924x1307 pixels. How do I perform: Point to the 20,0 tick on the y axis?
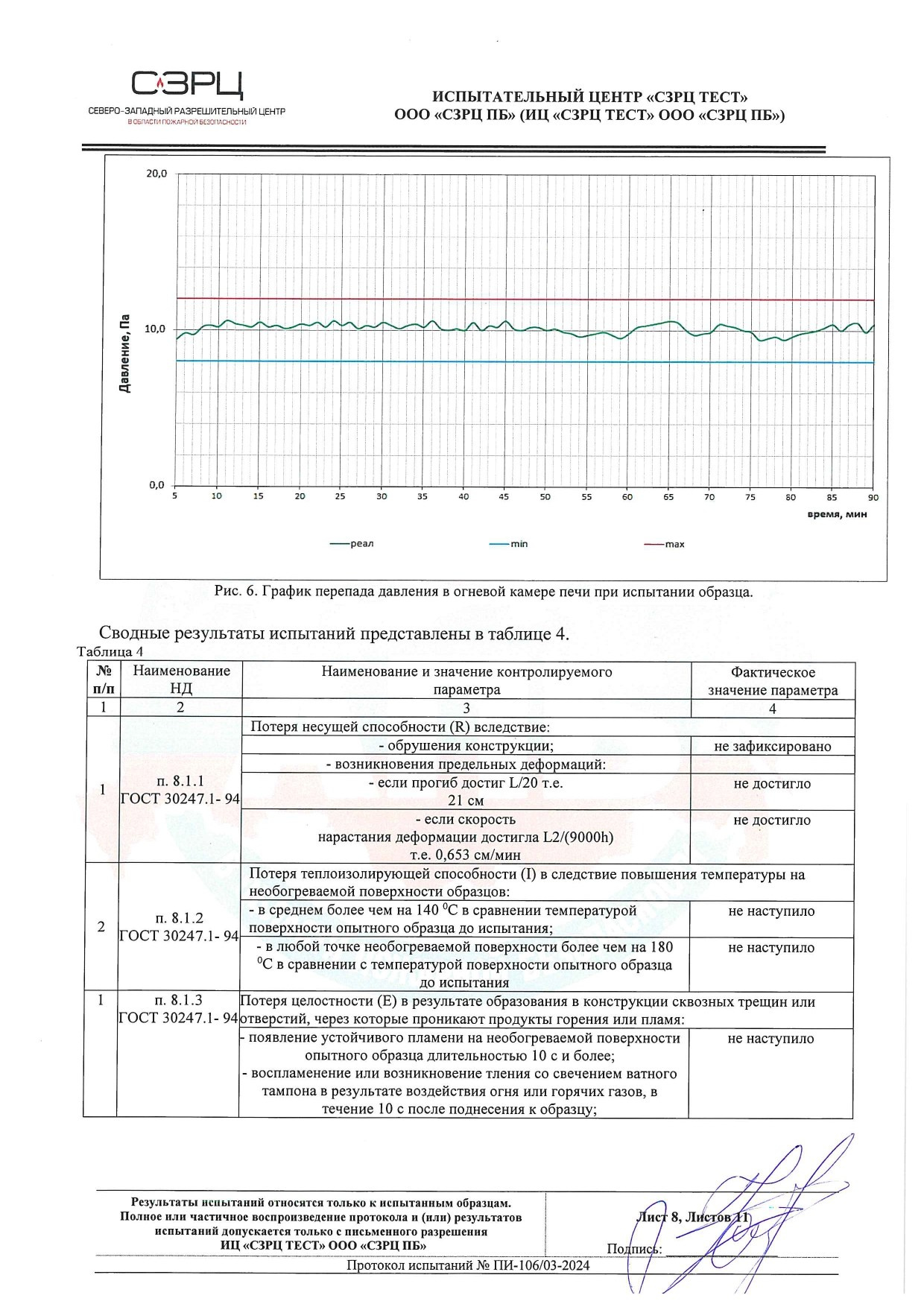pos(156,174)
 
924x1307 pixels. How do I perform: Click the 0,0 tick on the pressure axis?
pos(156,485)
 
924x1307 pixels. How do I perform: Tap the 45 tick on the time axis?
pos(504,496)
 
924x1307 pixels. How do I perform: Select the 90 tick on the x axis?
pos(873,497)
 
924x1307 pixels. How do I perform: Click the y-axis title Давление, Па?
pos(125,353)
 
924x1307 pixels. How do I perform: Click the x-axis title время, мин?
pos(838,514)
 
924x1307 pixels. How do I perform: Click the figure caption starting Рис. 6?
pos(483,592)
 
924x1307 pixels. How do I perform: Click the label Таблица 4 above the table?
pos(110,652)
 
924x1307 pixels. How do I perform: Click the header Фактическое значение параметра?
pos(772,681)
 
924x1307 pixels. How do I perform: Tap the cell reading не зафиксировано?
pos(772,746)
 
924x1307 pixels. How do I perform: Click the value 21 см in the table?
pos(466,801)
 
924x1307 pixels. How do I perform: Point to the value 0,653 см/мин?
pos(466,855)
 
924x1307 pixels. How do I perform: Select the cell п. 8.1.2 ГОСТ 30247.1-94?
pos(179,927)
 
